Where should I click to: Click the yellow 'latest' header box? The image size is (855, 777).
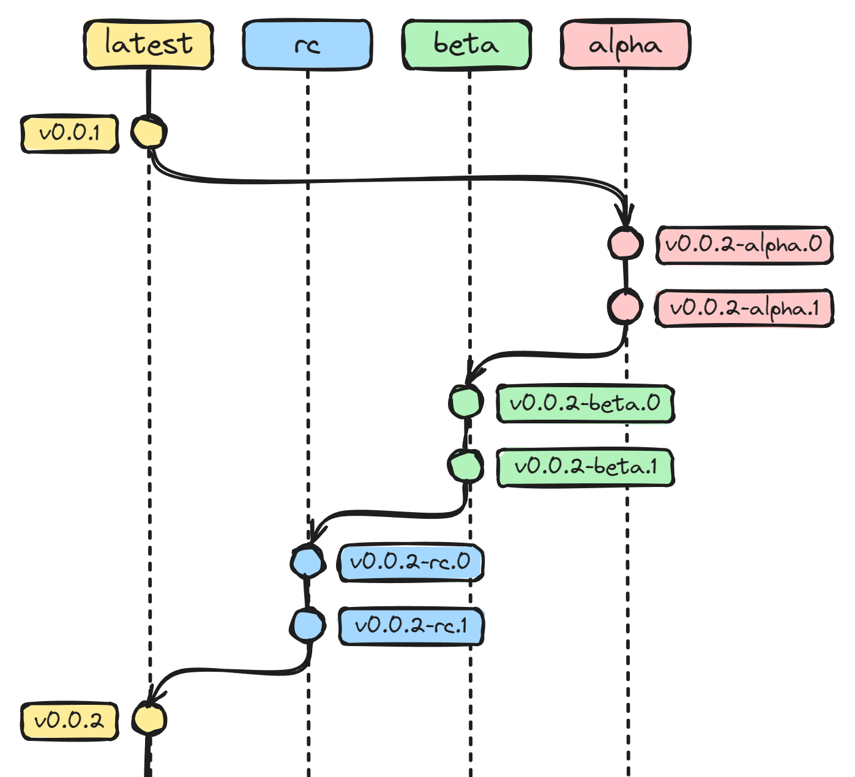(x=148, y=45)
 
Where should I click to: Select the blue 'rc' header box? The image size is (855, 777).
(x=307, y=45)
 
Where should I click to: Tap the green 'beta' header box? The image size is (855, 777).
(x=466, y=45)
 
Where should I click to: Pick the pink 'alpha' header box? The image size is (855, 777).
(x=625, y=45)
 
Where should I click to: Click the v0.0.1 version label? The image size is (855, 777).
(x=70, y=133)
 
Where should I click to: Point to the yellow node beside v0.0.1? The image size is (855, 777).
(x=148, y=132)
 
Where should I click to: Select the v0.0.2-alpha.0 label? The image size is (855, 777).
(x=744, y=245)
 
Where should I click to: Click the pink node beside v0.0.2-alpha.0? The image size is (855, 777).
(x=625, y=244)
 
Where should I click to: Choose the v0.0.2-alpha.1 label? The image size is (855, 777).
(x=744, y=308)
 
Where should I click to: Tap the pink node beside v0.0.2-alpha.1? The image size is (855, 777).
(x=625, y=307)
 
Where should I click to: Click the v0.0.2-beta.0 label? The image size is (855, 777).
(x=585, y=404)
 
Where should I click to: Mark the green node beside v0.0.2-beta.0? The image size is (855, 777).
(x=466, y=402)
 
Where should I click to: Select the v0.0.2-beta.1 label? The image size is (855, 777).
(x=585, y=467)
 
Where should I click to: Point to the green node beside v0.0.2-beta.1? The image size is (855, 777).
(x=466, y=466)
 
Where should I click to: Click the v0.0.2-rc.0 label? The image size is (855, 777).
(x=411, y=562)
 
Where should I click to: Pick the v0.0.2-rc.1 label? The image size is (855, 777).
(x=411, y=626)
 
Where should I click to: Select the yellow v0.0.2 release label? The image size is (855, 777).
(x=70, y=721)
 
